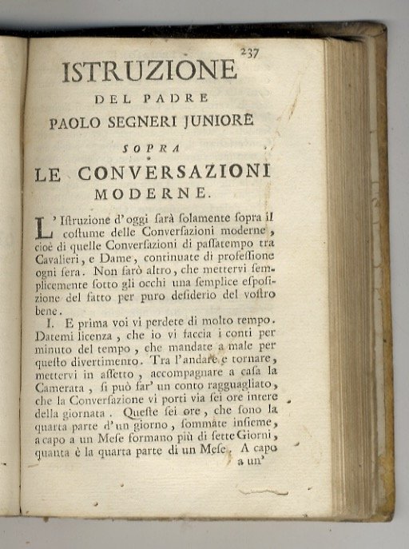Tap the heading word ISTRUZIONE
point(149,71)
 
